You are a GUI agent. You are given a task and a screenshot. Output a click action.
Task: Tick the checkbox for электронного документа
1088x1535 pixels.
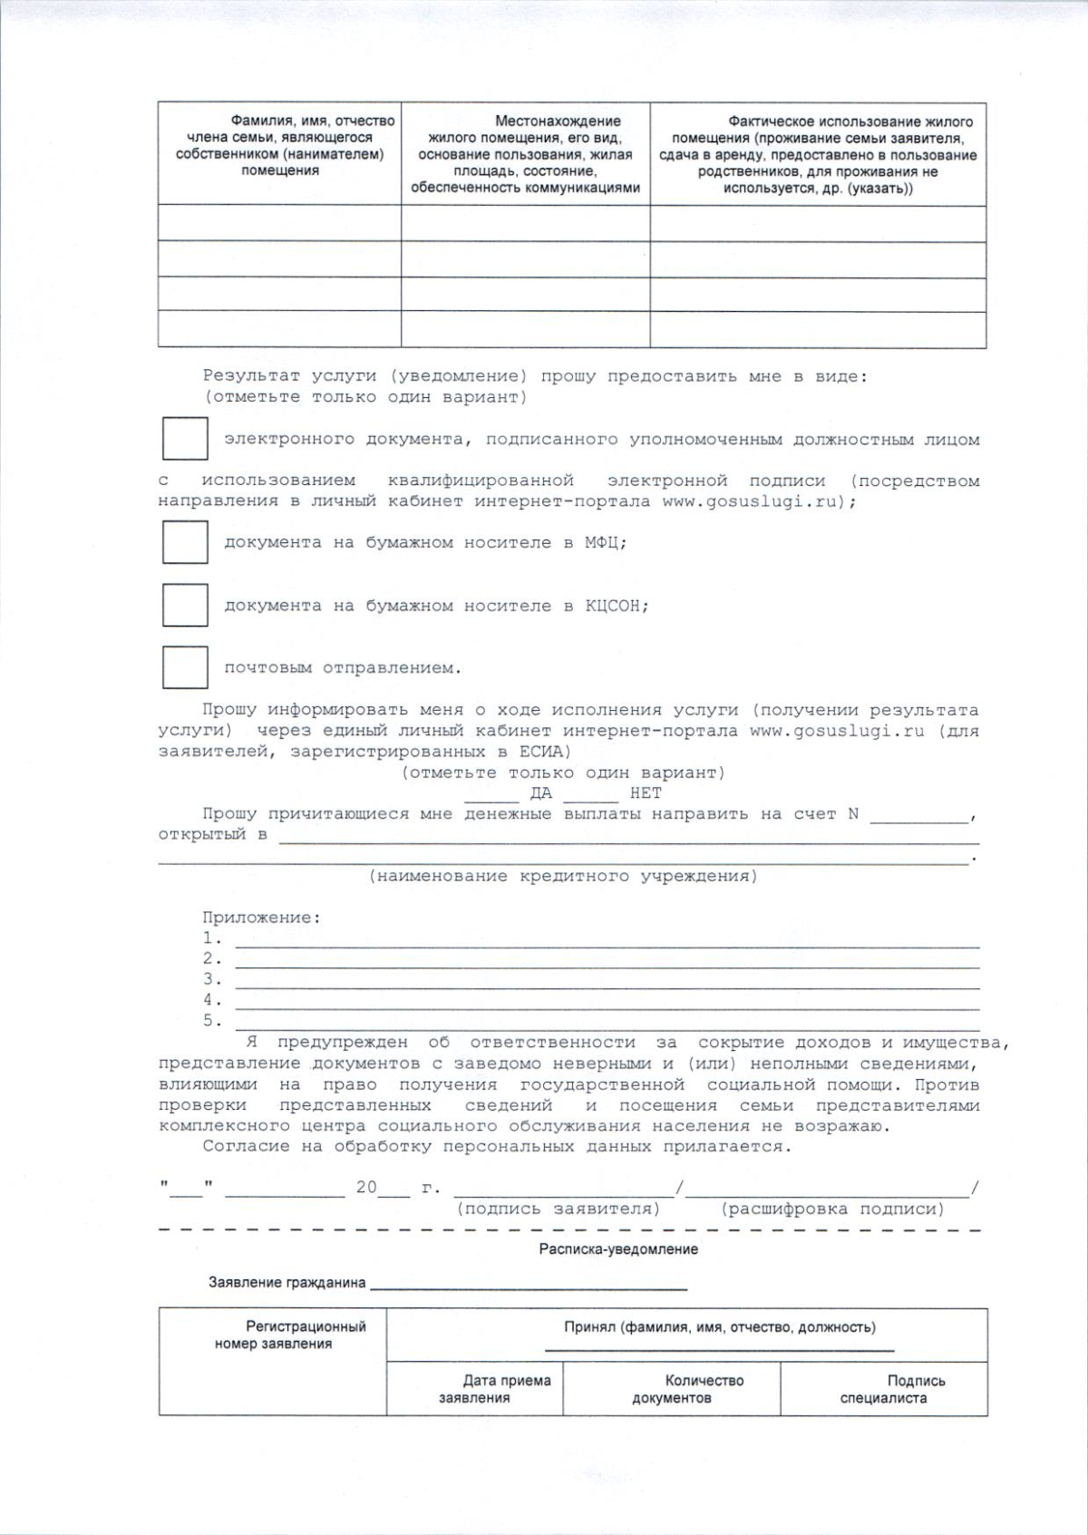185,439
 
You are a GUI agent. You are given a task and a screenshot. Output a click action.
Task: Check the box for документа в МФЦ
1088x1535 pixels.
185,542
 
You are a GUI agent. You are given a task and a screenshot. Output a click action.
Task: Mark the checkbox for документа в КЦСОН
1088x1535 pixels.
185,605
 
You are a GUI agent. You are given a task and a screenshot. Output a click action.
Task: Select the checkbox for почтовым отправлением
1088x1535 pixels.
185,667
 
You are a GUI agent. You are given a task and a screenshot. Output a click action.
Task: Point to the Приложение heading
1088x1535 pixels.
261,918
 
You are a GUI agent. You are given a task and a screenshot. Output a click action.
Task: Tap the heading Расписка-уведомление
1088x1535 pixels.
618,1249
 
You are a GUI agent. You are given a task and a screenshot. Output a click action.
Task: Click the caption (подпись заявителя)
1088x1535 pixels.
559,1209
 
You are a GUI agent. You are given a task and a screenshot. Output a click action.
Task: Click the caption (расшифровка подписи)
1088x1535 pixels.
832,1209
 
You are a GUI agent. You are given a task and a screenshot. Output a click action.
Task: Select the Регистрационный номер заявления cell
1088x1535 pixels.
273,1361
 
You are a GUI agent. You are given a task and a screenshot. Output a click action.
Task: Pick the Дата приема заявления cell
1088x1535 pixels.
474,1389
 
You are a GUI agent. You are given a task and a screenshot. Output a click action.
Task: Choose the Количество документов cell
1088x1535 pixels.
671,1389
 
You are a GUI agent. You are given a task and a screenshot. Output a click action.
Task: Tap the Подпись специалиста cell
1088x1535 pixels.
883,1389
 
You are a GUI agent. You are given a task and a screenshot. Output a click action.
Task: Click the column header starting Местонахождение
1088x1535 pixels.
526,154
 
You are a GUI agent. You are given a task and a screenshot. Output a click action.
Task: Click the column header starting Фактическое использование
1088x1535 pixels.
818,155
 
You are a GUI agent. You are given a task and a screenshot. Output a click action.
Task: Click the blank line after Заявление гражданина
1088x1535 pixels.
529,1284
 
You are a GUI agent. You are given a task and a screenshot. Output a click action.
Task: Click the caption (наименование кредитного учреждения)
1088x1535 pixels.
562,876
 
